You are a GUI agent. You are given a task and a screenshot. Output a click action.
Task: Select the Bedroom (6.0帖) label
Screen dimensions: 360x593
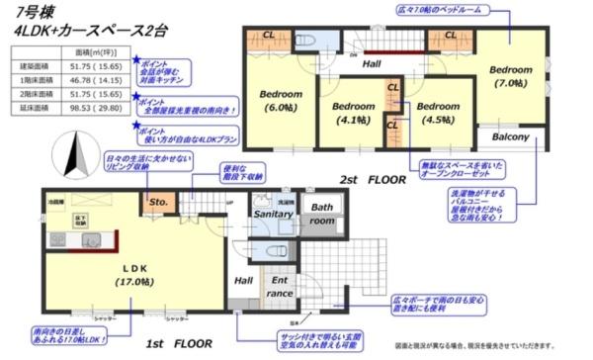point(280,102)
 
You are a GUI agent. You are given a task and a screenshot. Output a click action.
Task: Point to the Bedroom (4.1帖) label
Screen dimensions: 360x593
point(351,112)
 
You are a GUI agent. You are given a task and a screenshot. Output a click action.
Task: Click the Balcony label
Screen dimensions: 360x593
point(511,137)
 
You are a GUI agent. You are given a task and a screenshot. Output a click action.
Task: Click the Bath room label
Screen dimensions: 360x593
point(323,214)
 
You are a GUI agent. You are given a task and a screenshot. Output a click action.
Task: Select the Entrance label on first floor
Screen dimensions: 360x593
point(282,286)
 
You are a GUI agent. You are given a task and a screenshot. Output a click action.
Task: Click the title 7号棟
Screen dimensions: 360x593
point(36,13)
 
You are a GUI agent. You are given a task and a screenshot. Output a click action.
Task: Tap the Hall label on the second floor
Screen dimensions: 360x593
point(372,63)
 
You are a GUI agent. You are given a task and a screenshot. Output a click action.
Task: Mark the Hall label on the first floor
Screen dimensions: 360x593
point(244,280)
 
